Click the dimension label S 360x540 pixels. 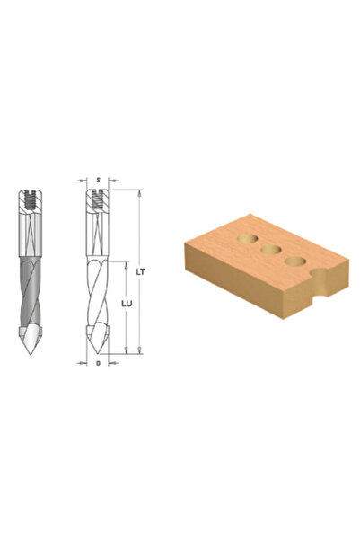[98, 180]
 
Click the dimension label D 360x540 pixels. [98, 363]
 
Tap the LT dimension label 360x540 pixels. [140, 271]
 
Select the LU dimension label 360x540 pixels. [127, 304]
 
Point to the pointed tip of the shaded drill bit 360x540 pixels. [31, 353]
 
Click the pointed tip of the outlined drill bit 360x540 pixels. [97, 352]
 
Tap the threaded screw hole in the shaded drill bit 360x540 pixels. [31, 200]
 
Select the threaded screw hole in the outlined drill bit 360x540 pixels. [97, 200]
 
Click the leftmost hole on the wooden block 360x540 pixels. [248, 239]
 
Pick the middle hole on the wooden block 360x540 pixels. [271, 250]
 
